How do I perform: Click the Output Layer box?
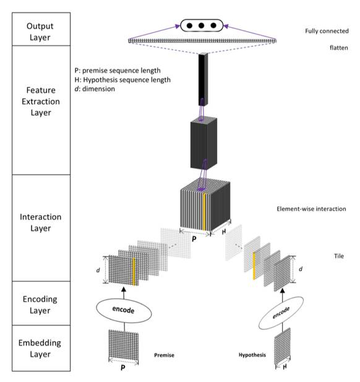point(41,29)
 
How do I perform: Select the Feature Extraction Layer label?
point(41,102)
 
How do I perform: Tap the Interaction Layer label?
point(41,222)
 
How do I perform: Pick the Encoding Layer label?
point(40,305)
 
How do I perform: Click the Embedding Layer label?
point(40,349)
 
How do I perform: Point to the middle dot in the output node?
point(201,25)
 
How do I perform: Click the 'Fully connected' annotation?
point(327,31)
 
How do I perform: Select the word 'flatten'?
point(338,48)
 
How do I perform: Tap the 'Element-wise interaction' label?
point(311,209)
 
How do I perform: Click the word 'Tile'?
point(339,256)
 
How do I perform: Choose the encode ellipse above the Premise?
point(124,310)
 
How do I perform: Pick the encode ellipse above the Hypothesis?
point(281,313)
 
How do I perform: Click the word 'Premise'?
point(164,355)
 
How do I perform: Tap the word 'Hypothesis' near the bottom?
point(252,355)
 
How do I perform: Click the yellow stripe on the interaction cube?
point(204,211)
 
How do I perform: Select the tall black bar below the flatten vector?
point(203,79)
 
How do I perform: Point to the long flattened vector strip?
point(202,41)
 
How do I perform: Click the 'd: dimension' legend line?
point(95,89)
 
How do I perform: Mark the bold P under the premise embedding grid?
point(123,367)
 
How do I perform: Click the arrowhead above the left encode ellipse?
point(124,289)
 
